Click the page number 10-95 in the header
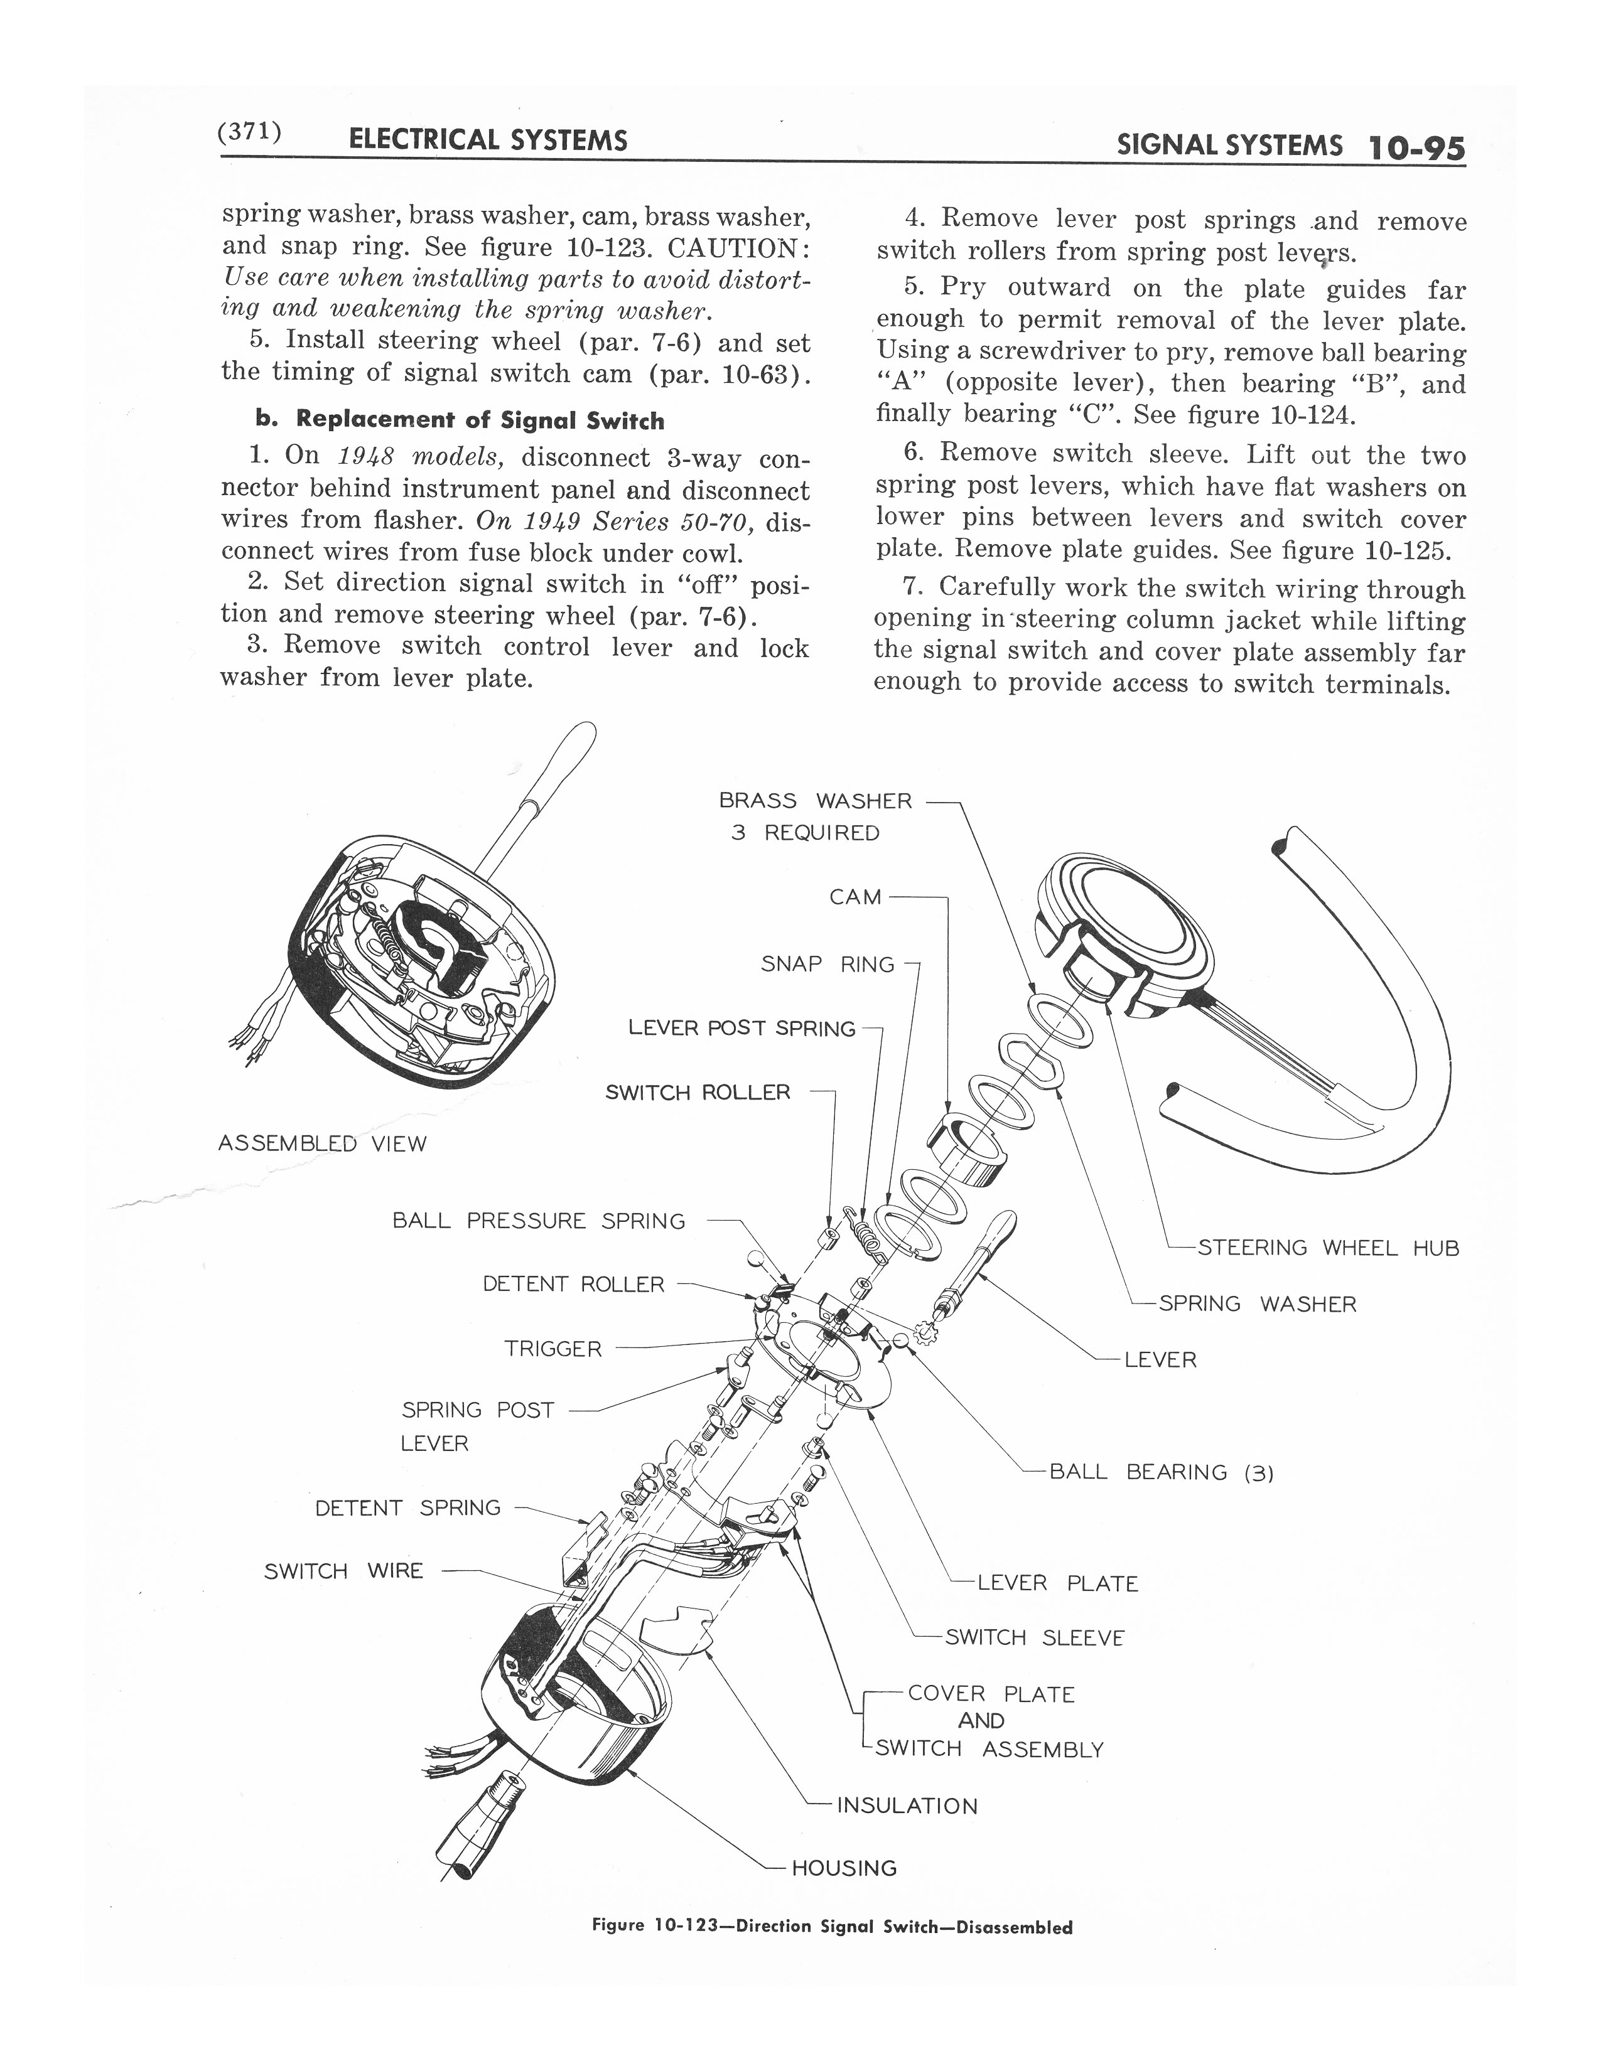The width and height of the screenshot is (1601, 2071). [x=1417, y=148]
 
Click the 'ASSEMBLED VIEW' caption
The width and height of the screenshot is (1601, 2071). [x=323, y=1143]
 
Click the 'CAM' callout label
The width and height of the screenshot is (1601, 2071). [x=856, y=897]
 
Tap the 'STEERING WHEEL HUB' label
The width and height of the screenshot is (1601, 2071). [x=1328, y=1248]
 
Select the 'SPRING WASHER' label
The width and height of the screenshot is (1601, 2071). [x=1258, y=1304]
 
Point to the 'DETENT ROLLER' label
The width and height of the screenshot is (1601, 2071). [x=574, y=1284]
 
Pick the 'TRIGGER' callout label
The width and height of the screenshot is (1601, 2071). [x=553, y=1349]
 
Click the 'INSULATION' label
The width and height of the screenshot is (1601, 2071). [x=907, y=1806]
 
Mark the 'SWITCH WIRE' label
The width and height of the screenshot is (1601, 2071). [x=343, y=1571]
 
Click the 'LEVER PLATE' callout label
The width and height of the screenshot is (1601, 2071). [x=1057, y=1583]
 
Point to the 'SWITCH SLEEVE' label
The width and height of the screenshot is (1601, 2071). [x=1035, y=1637]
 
